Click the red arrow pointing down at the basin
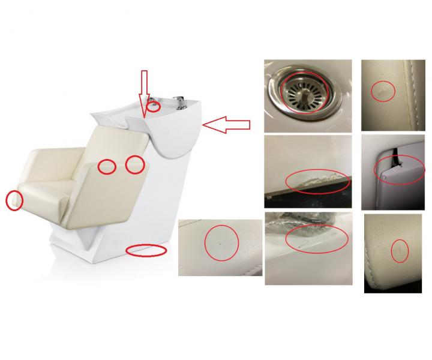click(x=143, y=93)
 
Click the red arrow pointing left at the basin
click(x=227, y=124)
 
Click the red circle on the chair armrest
click(x=14, y=200)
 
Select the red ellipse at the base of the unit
click(x=146, y=250)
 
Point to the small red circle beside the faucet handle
click(x=154, y=107)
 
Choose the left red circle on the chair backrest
click(x=107, y=167)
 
